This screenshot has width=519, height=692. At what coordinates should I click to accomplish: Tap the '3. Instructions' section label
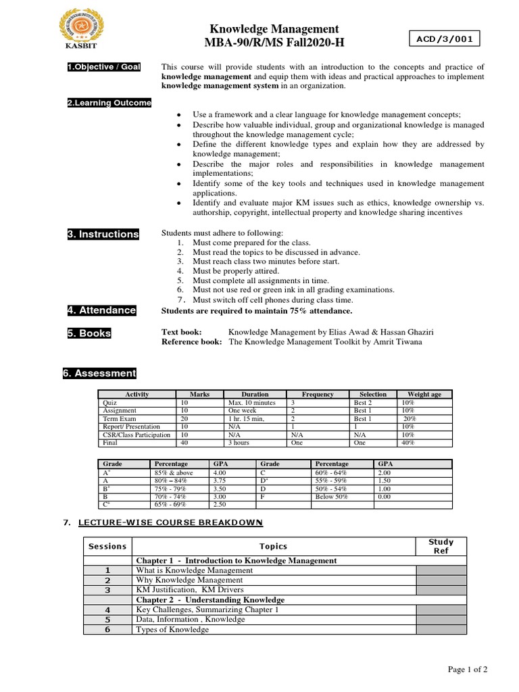[x=103, y=234]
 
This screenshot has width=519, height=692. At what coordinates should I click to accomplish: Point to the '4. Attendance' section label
[x=101, y=310]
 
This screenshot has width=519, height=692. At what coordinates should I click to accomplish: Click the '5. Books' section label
[x=89, y=333]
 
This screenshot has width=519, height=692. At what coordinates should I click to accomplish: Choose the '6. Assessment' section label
[x=101, y=373]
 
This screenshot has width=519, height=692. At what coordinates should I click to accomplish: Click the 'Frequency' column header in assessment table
[x=318, y=394]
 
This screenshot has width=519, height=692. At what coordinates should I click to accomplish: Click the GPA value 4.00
[x=221, y=472]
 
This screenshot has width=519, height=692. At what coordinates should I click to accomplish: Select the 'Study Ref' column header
[x=441, y=546]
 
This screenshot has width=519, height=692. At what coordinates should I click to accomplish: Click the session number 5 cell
[x=107, y=619]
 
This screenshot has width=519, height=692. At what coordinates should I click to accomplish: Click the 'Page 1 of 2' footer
[x=468, y=669]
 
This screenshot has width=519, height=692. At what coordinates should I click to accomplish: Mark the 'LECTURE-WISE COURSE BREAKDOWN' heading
[x=170, y=523]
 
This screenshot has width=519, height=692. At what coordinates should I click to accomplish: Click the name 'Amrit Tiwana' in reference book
[x=398, y=342]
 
